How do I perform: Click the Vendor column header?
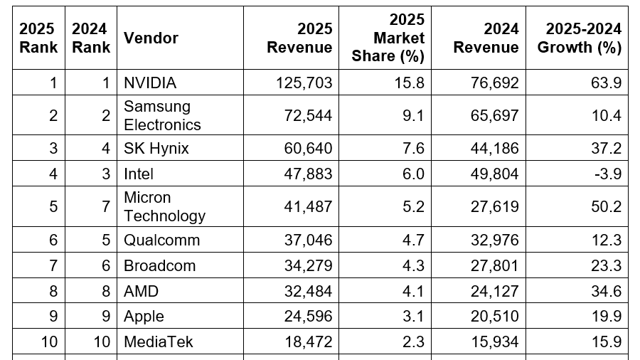point(151,38)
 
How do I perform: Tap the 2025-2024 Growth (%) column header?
point(579,38)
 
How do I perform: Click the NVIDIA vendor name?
point(150,83)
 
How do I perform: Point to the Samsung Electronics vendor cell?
point(162,115)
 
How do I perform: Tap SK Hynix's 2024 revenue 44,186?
point(492,148)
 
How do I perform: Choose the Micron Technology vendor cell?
point(164,206)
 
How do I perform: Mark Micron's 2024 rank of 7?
point(106,206)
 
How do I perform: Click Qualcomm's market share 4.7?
point(412,240)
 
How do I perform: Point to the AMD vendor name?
point(142,291)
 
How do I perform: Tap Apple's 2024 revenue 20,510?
point(492,317)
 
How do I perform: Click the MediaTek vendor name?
point(158,342)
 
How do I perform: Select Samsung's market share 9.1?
point(412,115)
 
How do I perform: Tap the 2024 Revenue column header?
point(486,38)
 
